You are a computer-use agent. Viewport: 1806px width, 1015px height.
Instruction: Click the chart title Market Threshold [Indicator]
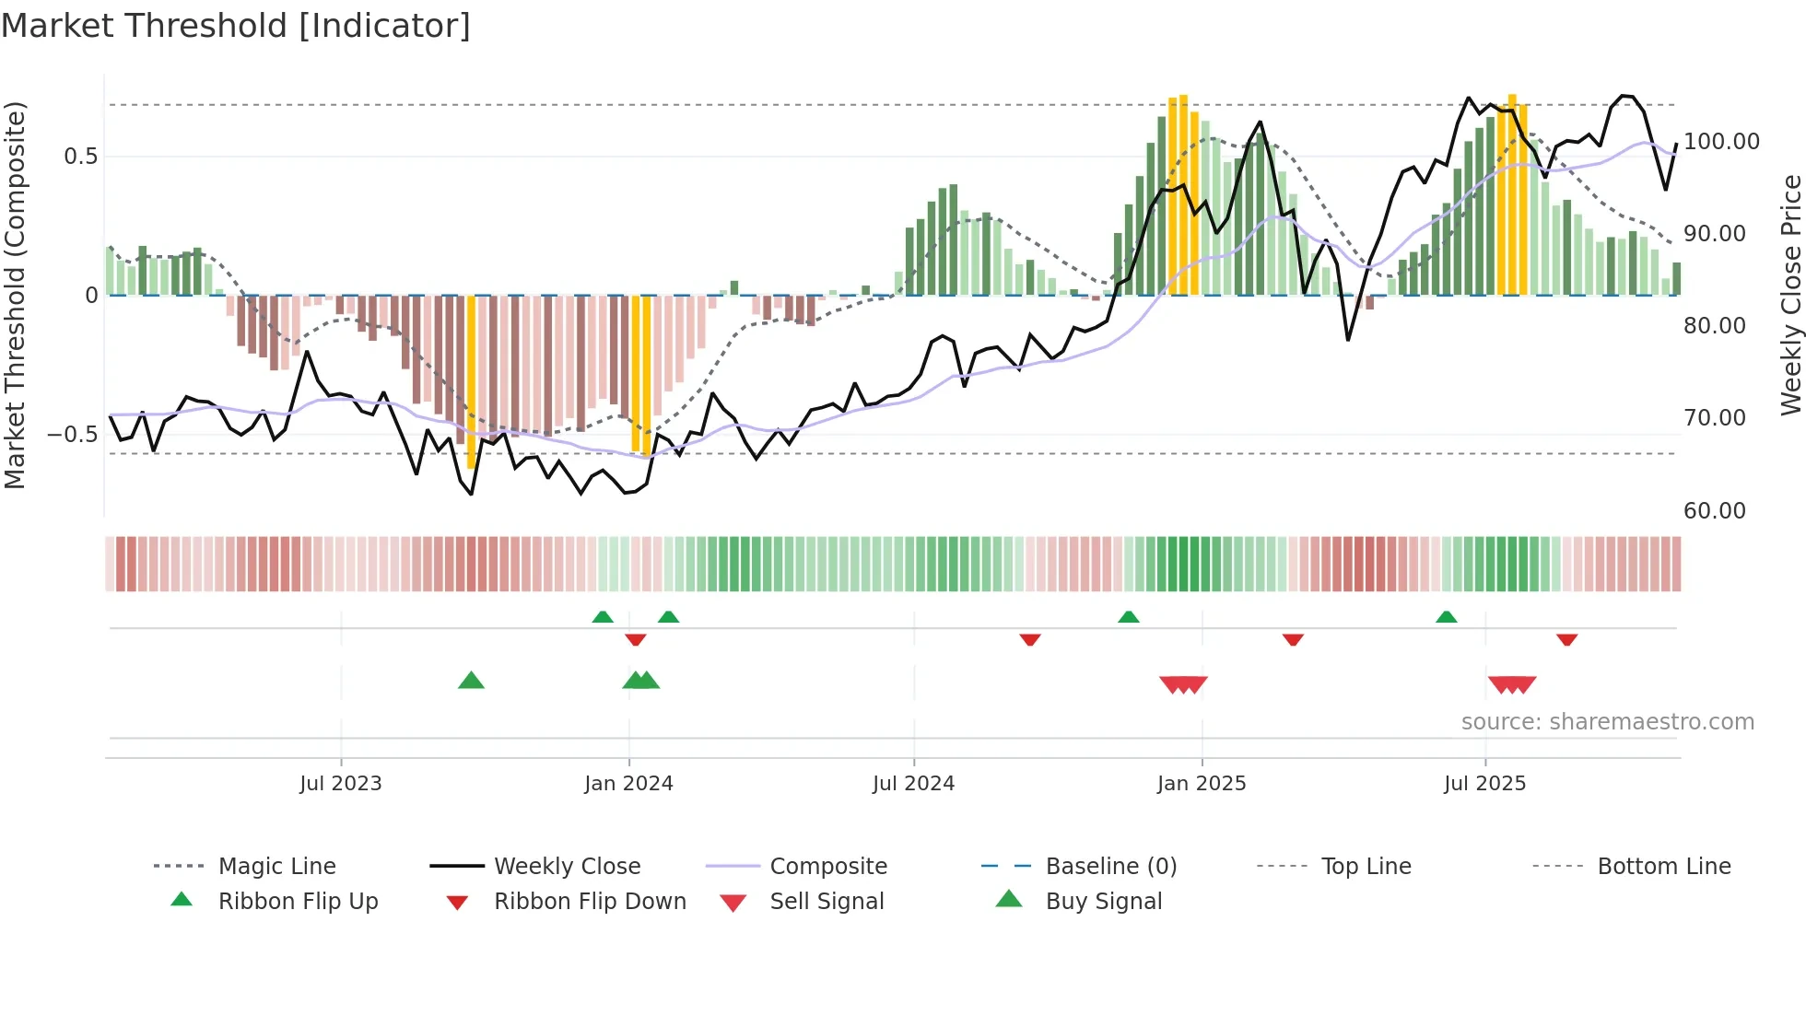(x=236, y=26)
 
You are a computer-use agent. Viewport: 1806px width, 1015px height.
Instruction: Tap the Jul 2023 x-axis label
(x=340, y=784)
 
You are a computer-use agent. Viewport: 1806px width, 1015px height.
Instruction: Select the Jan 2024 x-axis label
(x=628, y=784)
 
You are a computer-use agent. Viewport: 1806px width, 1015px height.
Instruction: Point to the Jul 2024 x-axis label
(x=913, y=784)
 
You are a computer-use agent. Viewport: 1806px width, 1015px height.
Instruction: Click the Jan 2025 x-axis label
(x=1202, y=784)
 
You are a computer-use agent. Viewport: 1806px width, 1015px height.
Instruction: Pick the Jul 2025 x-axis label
(x=1484, y=784)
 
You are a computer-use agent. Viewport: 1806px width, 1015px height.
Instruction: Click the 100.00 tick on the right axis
(x=1721, y=142)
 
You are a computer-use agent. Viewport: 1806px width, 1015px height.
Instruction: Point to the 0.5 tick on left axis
(x=80, y=157)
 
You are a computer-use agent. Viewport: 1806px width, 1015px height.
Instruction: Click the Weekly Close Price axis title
(x=1790, y=295)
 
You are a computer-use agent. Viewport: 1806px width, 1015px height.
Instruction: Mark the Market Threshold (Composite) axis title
(x=15, y=295)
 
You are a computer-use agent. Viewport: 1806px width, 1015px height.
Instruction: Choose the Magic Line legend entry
(x=276, y=867)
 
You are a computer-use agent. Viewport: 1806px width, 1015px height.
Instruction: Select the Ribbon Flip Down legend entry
(x=590, y=902)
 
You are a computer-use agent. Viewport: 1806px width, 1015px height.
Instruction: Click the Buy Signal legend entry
(x=1103, y=902)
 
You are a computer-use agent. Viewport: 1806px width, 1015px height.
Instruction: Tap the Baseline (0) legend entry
(x=1110, y=867)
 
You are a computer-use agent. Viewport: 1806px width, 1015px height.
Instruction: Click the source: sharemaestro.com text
(x=1607, y=722)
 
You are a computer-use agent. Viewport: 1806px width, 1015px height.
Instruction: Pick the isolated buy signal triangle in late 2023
(x=471, y=681)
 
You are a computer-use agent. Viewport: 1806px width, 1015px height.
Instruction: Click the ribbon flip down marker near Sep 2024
(x=1030, y=639)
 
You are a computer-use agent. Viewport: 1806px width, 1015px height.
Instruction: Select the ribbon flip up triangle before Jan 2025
(x=1128, y=617)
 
